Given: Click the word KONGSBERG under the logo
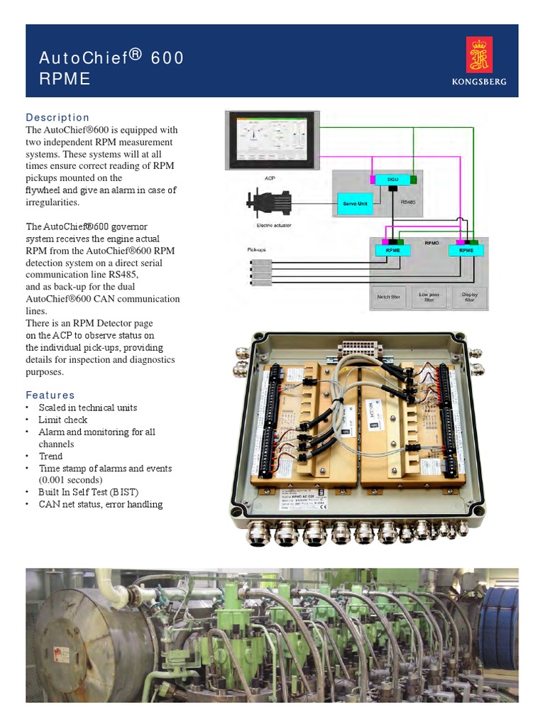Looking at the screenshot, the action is [479, 82].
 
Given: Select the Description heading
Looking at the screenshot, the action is [57, 117].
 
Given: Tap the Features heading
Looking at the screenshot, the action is [50, 395].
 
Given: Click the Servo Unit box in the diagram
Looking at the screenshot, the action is [356, 204].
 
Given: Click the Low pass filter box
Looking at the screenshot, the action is [429, 297].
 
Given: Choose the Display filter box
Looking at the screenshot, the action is [469, 297].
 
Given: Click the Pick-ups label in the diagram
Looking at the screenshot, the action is [255, 250].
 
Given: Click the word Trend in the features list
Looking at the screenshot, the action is [50, 456].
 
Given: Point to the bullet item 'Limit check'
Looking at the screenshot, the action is [63, 420].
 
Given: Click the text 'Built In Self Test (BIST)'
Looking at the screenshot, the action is [89, 492].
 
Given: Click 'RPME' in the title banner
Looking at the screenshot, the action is [65, 79].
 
